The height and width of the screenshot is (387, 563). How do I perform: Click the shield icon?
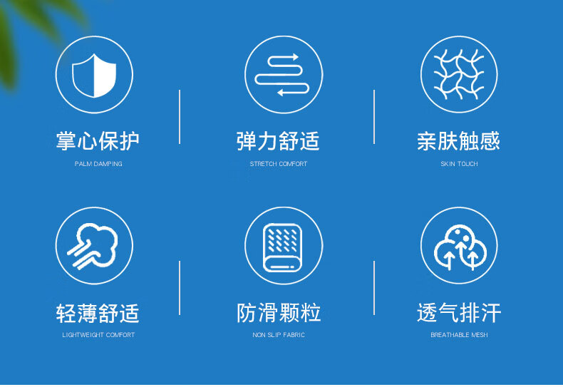tap(94, 76)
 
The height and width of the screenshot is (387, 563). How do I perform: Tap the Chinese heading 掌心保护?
tap(98, 140)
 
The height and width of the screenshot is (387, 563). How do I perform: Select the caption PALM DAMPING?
tap(98, 164)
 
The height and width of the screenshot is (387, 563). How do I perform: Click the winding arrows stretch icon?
tap(282, 75)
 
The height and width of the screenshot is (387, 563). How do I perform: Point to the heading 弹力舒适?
tap(278, 140)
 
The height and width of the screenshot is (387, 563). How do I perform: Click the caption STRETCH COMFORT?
tap(279, 164)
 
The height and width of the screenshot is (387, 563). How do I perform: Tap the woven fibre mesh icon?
tap(459, 74)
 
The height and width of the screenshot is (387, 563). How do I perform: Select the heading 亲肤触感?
tap(458, 140)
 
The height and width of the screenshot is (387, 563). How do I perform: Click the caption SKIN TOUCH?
tap(459, 164)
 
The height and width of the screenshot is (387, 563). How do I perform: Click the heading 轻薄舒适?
tap(98, 312)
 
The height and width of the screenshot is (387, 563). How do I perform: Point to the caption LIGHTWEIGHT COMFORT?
tap(98, 335)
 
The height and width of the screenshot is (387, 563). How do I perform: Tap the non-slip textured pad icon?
tap(283, 248)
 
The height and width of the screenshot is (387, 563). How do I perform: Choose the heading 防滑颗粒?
tap(279, 312)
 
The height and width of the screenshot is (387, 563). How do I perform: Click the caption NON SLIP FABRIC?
tap(279, 335)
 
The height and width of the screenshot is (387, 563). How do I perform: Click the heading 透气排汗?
tap(459, 312)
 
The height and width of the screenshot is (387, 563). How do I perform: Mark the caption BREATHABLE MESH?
tap(459, 335)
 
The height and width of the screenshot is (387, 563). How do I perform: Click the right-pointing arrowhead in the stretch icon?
tap(295, 57)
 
